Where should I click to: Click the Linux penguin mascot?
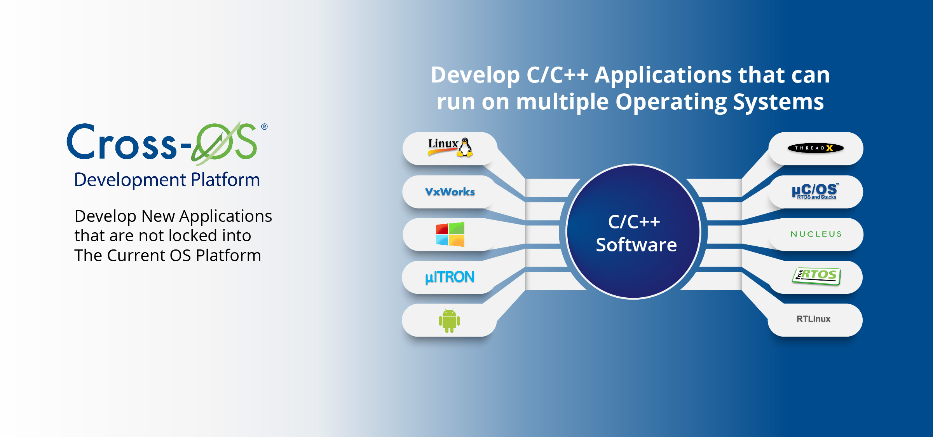(x=465, y=147)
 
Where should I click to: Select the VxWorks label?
(x=450, y=192)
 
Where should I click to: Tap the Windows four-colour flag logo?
(x=450, y=234)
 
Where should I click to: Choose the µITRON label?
(x=450, y=277)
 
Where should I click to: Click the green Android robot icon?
(x=449, y=321)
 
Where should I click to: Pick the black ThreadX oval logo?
(x=816, y=148)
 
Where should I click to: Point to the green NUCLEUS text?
(x=816, y=234)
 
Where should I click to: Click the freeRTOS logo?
(x=816, y=276)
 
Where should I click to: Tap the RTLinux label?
(x=813, y=319)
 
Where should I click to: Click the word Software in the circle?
(x=637, y=245)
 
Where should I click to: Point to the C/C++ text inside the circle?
(x=634, y=222)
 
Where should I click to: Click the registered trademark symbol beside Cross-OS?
(x=264, y=126)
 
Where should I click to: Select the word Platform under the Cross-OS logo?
(x=225, y=180)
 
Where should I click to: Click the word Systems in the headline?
(x=778, y=102)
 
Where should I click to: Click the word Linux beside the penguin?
(x=443, y=144)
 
